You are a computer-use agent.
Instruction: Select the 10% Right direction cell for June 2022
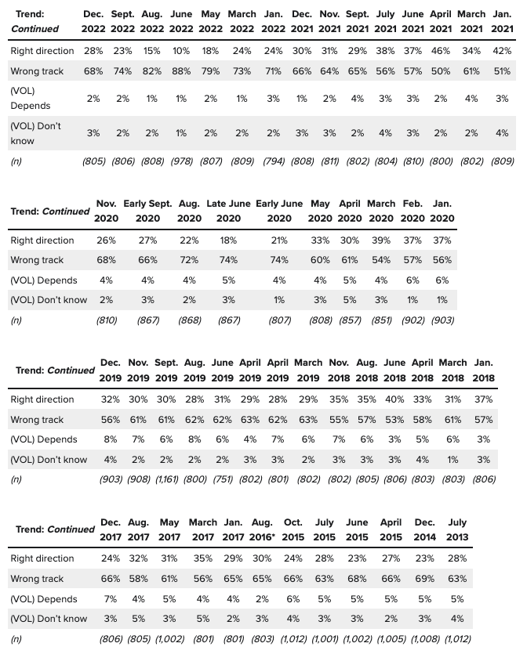tap(181, 51)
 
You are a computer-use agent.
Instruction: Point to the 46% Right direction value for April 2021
tap(440, 51)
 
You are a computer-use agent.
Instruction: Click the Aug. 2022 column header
tap(152, 22)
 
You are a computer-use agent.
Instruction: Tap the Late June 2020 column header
tap(228, 211)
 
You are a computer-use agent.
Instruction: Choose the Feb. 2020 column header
tap(413, 211)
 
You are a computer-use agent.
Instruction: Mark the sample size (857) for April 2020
tap(350, 320)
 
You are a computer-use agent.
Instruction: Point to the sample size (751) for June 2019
tap(222, 479)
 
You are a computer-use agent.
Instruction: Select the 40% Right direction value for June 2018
tap(394, 399)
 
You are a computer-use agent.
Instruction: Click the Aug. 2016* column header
tap(262, 529)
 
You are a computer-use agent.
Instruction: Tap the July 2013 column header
tap(456, 529)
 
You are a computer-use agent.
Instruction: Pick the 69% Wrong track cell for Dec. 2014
tap(424, 579)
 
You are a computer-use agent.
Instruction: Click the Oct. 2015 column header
tap(293, 529)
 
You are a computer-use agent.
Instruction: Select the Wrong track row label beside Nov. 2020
tap(37, 260)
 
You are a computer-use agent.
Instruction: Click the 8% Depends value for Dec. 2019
tap(110, 439)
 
